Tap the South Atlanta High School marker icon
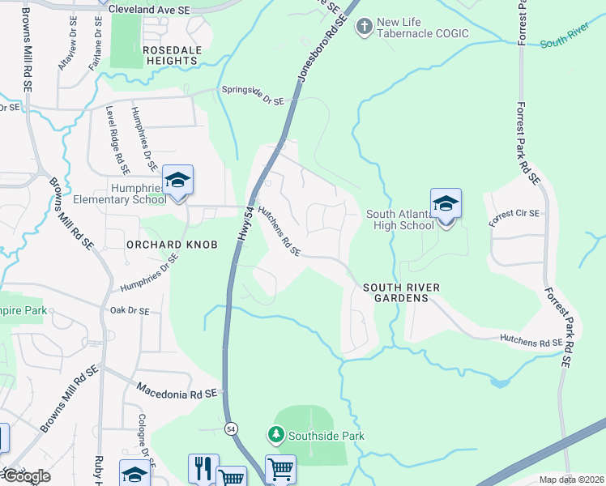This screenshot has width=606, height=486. (446, 203)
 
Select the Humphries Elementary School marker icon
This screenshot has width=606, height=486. (177, 181)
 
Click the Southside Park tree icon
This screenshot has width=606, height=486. (276, 436)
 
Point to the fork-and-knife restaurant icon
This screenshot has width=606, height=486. (203, 468)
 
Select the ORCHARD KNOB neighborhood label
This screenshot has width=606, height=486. (172, 244)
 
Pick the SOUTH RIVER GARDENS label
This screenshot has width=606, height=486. (395, 292)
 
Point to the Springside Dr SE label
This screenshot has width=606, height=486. (253, 97)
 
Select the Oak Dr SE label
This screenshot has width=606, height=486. (130, 310)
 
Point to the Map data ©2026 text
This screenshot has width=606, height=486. (571, 480)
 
